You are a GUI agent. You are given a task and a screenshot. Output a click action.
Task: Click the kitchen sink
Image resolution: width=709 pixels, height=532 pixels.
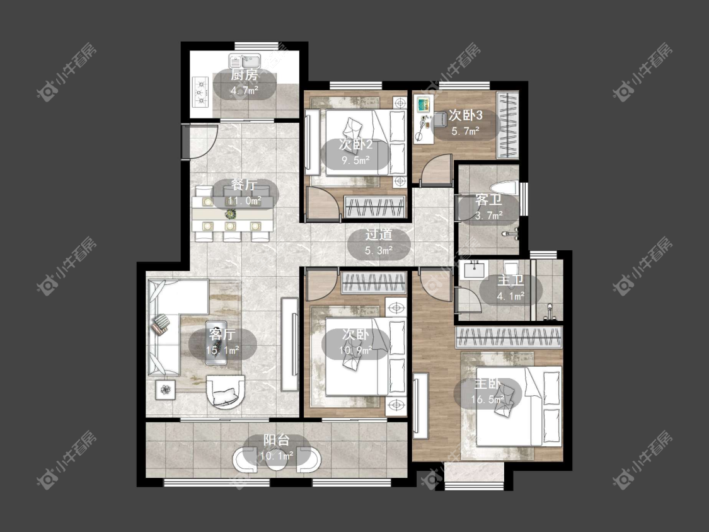pyautogui.click(x=245, y=61)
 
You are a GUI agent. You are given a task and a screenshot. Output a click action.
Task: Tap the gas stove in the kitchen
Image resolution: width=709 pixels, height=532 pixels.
pyautogui.click(x=199, y=92)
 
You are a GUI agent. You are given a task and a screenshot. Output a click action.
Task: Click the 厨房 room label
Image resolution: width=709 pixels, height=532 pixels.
pyautogui.click(x=244, y=75)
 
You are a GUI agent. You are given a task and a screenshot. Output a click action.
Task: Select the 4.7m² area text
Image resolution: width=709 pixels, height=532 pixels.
pyautogui.click(x=244, y=90)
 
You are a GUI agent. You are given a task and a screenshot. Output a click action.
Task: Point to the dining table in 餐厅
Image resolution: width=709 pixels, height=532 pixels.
pyautogui.click(x=232, y=213)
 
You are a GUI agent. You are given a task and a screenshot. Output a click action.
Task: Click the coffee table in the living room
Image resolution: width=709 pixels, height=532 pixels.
pyautogui.click(x=216, y=343)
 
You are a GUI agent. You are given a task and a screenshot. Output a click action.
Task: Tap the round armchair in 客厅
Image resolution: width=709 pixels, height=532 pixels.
pyautogui.click(x=226, y=392)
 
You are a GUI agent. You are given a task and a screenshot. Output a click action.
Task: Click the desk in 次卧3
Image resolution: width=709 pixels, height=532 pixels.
pyautogui.click(x=424, y=117)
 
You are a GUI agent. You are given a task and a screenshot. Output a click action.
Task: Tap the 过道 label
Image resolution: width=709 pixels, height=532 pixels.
pyautogui.click(x=379, y=234)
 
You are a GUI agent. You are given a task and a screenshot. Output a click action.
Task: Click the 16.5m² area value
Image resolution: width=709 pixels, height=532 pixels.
pyautogui.click(x=487, y=400)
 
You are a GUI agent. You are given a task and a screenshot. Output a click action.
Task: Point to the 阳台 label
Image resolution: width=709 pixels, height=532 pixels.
pyautogui.click(x=276, y=440)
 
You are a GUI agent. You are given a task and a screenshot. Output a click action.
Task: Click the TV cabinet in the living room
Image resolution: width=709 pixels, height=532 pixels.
pyautogui.click(x=289, y=344)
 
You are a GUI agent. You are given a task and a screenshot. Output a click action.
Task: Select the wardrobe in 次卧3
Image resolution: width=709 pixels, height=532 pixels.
pyautogui.click(x=507, y=125)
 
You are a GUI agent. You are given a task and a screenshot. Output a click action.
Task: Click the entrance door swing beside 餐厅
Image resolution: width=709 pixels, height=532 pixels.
pyautogui.click(x=202, y=141)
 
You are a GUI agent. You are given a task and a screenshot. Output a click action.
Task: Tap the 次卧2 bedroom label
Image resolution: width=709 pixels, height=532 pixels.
pyautogui.click(x=356, y=145)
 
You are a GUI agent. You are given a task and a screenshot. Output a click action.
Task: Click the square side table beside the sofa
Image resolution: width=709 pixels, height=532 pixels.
pyautogui.click(x=166, y=389)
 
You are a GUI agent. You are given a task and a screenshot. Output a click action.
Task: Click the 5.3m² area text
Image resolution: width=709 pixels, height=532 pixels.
pyautogui.click(x=379, y=250)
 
